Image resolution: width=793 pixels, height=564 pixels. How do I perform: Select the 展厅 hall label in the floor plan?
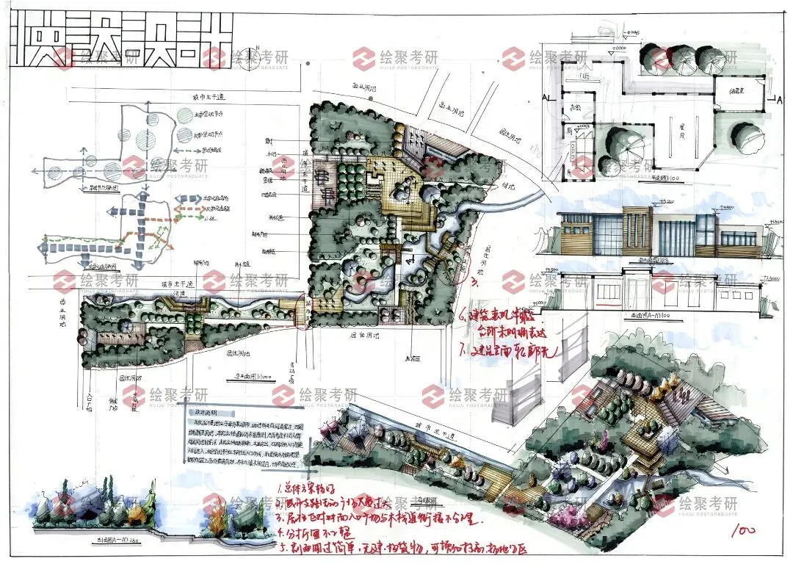click(x=681, y=129)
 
